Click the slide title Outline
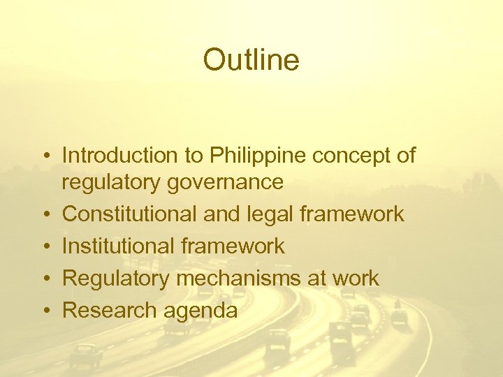[x=251, y=60]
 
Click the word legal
[x=269, y=214]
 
